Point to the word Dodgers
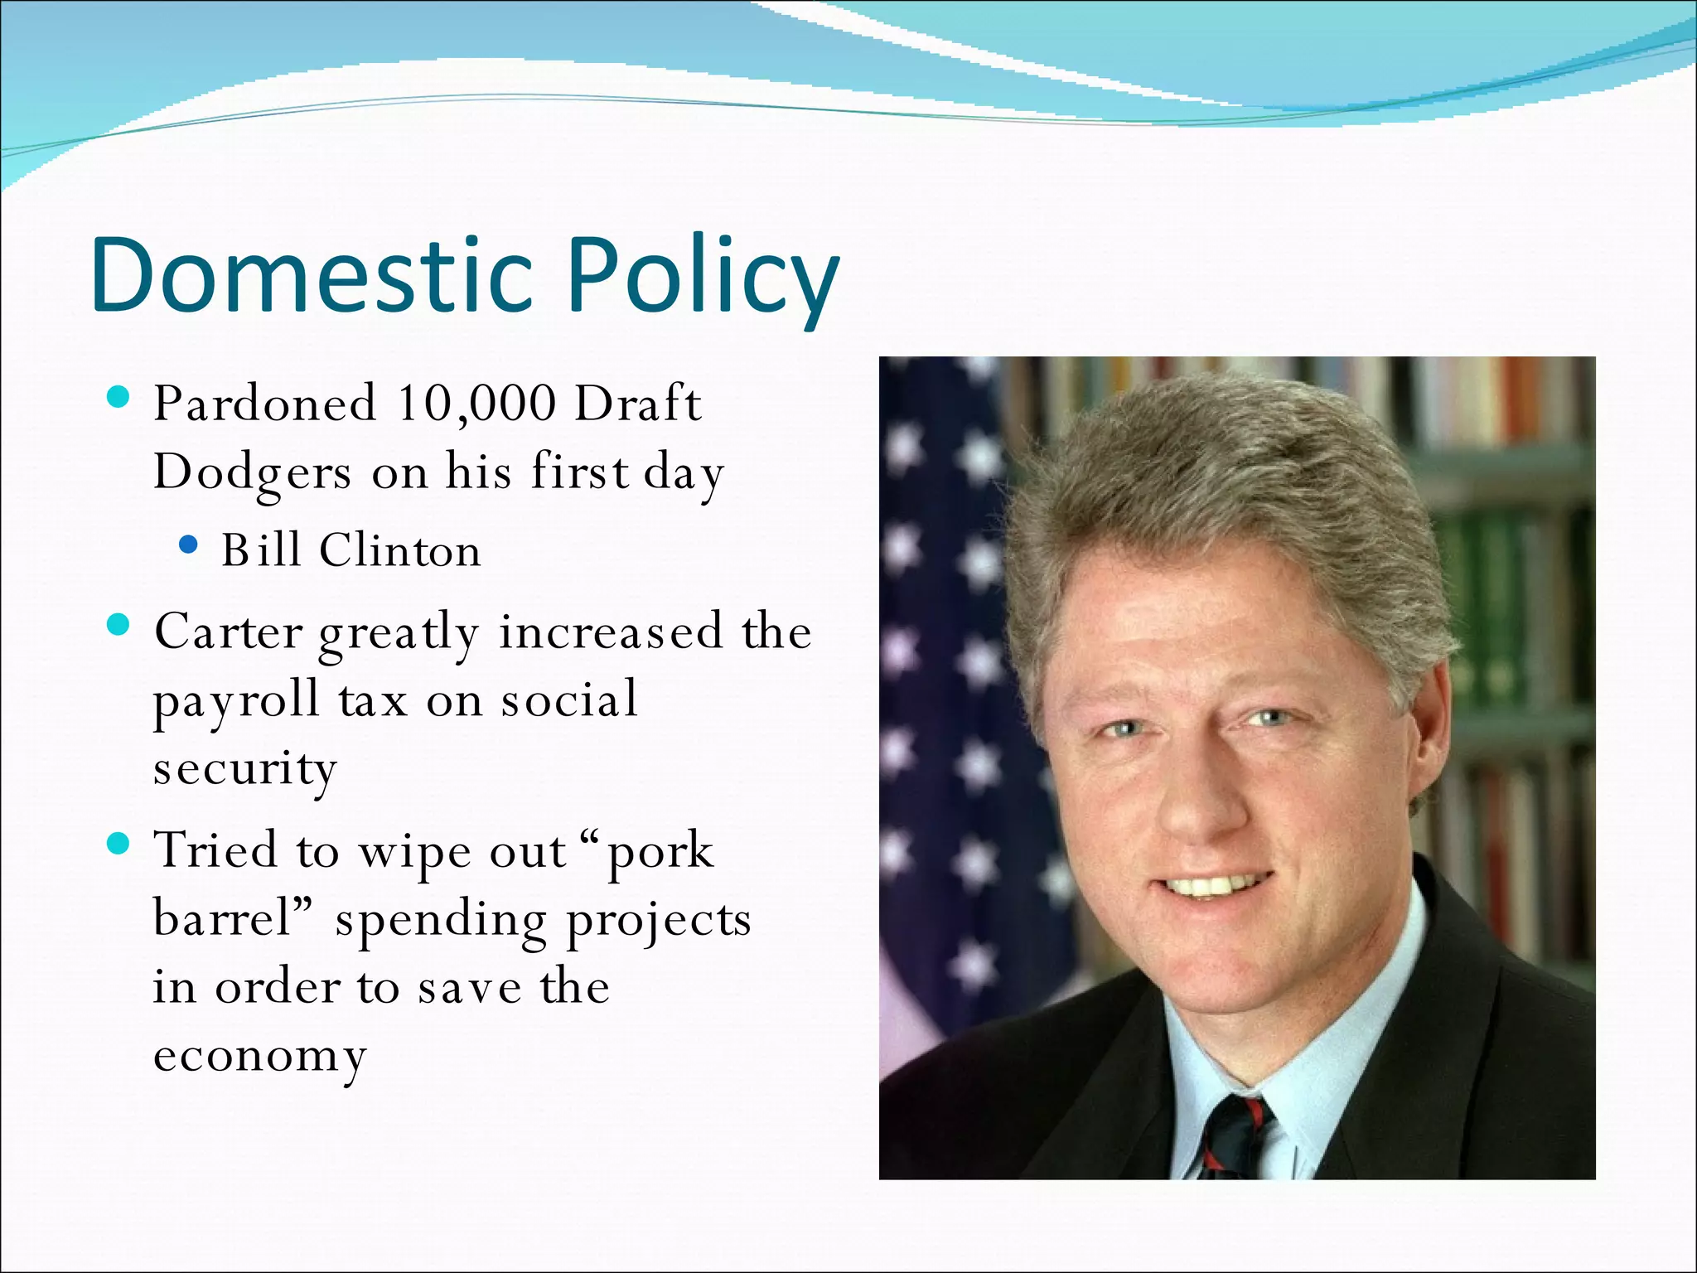tap(252, 472)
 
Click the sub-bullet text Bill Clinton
tap(351, 550)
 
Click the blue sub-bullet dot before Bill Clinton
tap(189, 545)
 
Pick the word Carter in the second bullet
tap(229, 632)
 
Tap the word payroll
tap(236, 700)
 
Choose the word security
tap(245, 768)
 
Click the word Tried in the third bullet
tap(215, 850)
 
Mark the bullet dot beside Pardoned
tap(119, 399)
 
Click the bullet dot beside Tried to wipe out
tap(119, 845)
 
